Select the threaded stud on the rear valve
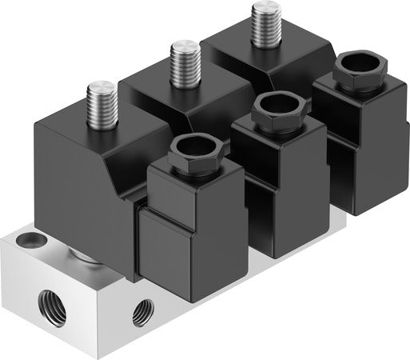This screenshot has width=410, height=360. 262,23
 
